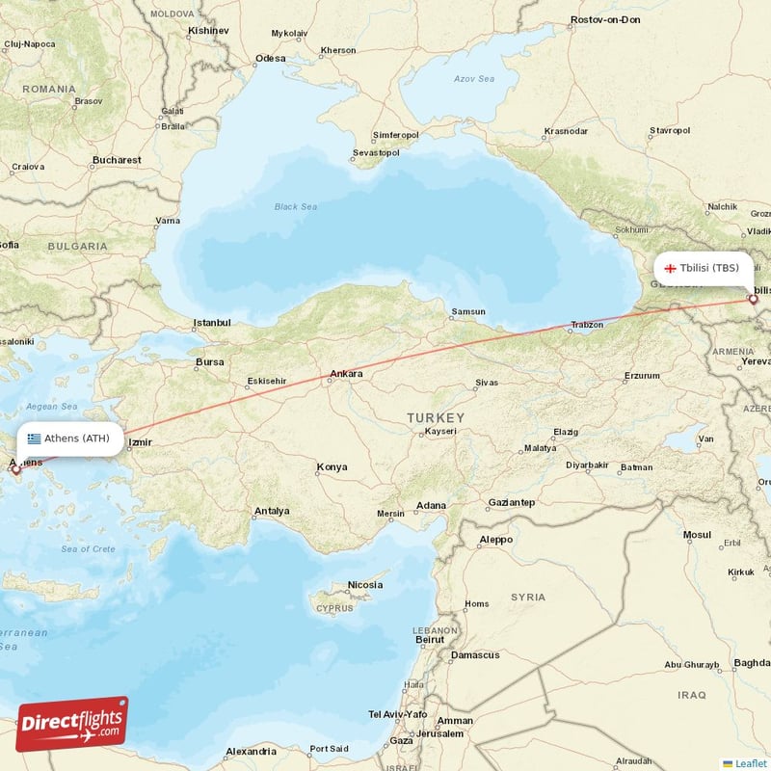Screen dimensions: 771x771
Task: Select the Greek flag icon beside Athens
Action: pos(35,439)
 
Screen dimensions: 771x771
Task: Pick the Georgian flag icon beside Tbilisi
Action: pos(670,268)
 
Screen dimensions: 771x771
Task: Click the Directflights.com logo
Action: pos(72,724)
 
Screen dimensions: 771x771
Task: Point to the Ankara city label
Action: pos(346,374)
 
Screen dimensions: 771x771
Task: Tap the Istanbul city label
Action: pos(212,323)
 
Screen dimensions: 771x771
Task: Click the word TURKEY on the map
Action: pos(435,417)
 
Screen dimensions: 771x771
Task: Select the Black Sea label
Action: pos(295,206)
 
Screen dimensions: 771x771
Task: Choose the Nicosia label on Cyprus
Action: pos(365,585)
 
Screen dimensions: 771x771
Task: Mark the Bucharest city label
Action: pos(117,160)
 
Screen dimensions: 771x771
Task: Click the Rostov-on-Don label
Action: pos(605,19)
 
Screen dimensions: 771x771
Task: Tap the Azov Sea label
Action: pos(475,80)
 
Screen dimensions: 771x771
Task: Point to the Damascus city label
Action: pos(475,655)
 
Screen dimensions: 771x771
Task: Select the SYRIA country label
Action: pos(528,598)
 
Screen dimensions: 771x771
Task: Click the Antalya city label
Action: pos(272,511)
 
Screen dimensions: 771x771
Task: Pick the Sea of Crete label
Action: pos(88,549)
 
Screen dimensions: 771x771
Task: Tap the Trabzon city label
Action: pos(586,325)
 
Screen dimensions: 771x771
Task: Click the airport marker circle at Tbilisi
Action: pos(753,299)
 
